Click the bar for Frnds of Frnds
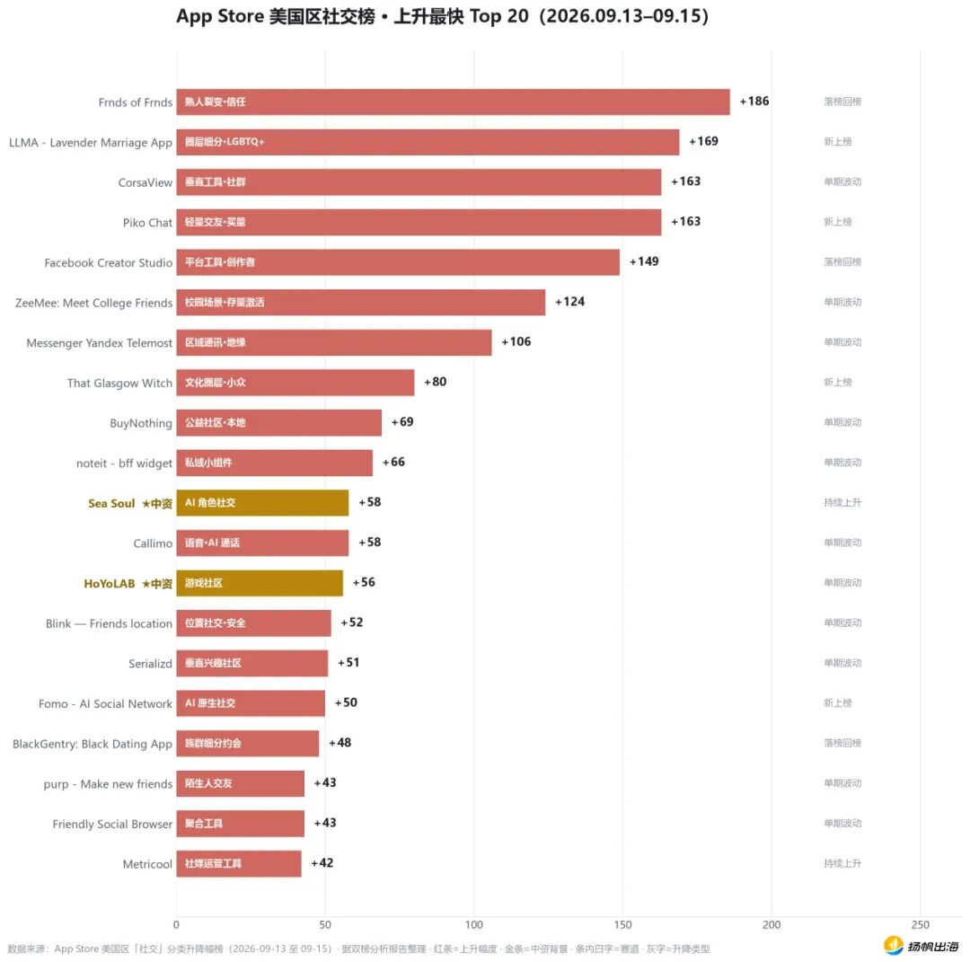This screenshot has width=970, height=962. pyautogui.click(x=453, y=102)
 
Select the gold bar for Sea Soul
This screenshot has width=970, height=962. pyautogui.click(x=262, y=503)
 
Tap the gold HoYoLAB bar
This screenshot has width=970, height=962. pyautogui.click(x=260, y=583)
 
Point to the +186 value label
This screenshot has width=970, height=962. pyautogui.click(x=754, y=101)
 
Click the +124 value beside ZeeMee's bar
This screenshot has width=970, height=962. pyautogui.click(x=569, y=301)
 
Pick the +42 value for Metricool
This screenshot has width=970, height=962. pyautogui.click(x=322, y=863)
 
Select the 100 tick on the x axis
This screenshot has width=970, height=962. pyautogui.click(x=474, y=925)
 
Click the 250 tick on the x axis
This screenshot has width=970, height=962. pyautogui.click(x=920, y=925)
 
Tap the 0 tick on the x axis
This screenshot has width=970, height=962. pyautogui.click(x=176, y=925)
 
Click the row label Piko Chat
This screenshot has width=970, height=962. pyautogui.click(x=147, y=223)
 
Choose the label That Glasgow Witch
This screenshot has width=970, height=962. pyautogui.click(x=119, y=384)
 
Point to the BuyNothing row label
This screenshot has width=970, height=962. pyautogui.click(x=141, y=423)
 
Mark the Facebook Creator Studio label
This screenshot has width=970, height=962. pyautogui.click(x=109, y=263)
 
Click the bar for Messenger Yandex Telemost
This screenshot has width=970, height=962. pyautogui.click(x=334, y=343)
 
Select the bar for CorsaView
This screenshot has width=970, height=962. pyautogui.click(x=419, y=182)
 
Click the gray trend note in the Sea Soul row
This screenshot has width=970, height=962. pyautogui.click(x=842, y=502)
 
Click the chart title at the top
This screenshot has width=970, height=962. pyautogui.click(x=442, y=16)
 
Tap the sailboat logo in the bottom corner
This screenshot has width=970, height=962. pyautogui.click(x=894, y=945)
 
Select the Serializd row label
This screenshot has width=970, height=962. pyautogui.click(x=150, y=664)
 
